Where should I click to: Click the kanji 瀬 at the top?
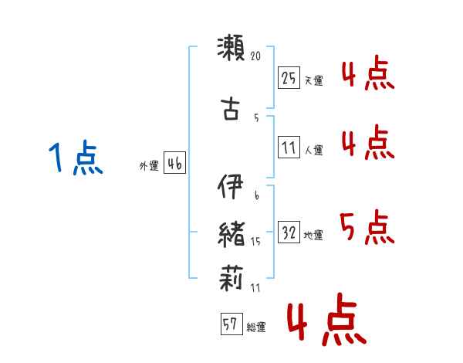click(231, 49)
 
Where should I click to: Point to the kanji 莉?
click(231, 276)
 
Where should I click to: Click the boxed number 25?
click(289, 77)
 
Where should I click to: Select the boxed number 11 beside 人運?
click(289, 147)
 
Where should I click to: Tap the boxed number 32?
click(289, 232)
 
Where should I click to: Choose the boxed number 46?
click(174, 163)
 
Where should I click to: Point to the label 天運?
click(313, 80)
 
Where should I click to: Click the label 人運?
click(313, 150)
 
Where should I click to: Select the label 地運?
click(313, 235)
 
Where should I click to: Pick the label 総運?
click(255, 327)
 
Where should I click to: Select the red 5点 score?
click(367, 226)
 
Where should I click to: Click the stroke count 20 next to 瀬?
click(257, 56)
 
